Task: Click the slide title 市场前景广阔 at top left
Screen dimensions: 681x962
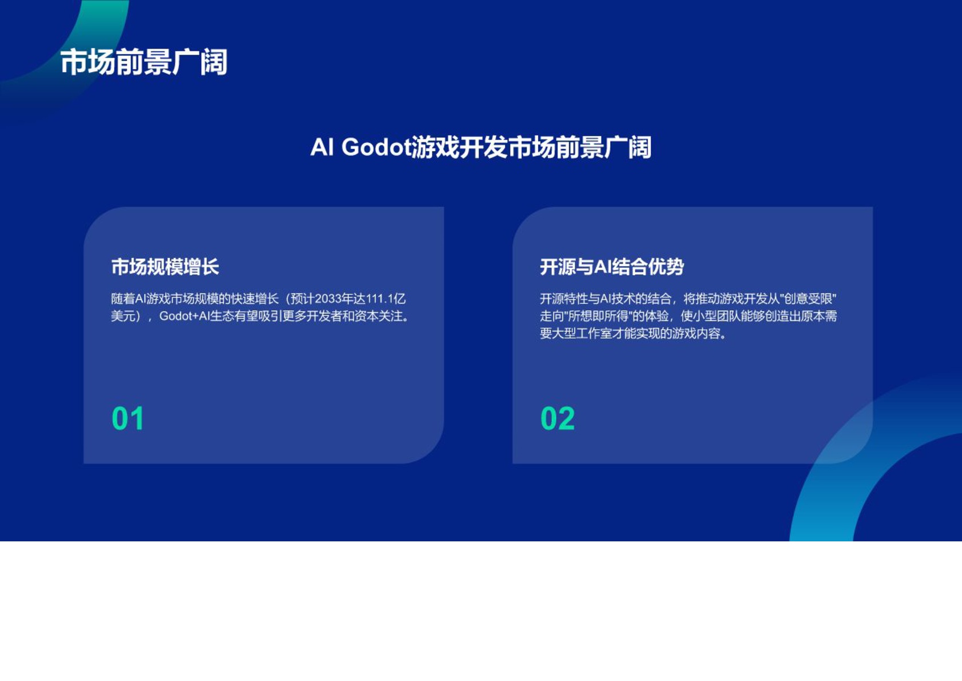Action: (x=144, y=62)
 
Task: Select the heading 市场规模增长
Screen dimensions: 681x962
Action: (x=165, y=267)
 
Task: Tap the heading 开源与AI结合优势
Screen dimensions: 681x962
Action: (x=611, y=267)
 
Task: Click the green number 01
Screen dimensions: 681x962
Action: (x=128, y=418)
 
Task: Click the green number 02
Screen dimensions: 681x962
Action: (x=557, y=418)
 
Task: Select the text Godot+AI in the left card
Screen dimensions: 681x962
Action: (x=184, y=316)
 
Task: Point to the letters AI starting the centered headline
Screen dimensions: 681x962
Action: (x=322, y=148)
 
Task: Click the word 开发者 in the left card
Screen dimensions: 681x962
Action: (x=324, y=316)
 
